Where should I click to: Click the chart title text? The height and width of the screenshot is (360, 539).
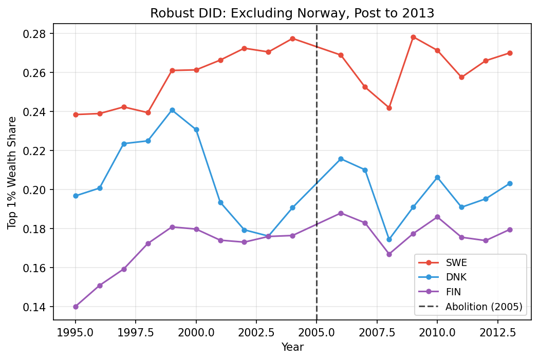coord(292,13)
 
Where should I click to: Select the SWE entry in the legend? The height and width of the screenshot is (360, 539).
coord(456,262)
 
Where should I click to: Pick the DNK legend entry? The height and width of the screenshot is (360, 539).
coord(456,277)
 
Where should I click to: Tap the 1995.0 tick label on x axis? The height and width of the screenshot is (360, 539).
coord(76,332)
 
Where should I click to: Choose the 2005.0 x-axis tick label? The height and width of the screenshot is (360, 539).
coord(317,332)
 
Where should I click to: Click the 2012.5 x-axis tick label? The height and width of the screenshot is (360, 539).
coord(497,332)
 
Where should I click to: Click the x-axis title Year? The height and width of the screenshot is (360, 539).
coord(292,348)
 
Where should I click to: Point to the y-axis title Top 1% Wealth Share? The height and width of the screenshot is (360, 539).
coord(12,173)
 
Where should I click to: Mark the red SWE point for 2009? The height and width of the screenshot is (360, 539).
coord(413,37)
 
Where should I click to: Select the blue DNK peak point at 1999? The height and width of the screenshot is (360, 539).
coord(172,110)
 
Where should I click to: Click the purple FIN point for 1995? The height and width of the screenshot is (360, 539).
coord(76,307)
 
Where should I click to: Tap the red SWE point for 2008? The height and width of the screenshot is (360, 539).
coord(389,108)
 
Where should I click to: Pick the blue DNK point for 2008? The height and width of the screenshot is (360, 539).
coord(389,239)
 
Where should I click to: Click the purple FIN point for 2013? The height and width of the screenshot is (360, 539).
coord(509,230)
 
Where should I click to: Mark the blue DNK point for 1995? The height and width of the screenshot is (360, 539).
coord(76,196)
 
